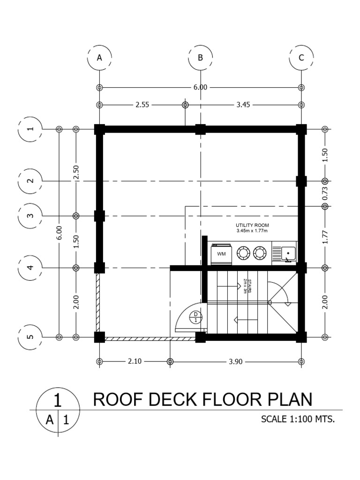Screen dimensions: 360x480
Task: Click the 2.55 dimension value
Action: [142, 105]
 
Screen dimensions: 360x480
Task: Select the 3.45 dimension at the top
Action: [243, 105]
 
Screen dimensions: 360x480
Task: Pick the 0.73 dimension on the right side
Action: [325, 194]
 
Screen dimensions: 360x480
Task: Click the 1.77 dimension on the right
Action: [325, 237]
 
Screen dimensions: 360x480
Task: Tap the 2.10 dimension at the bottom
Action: [135, 361]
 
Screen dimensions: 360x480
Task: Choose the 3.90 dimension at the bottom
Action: [235, 361]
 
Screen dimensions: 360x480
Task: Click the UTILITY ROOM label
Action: [252, 225]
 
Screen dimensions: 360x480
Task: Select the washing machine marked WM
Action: [222, 254]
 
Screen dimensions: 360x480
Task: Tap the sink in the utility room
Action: [288, 254]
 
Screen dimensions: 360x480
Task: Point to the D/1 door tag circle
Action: [196, 317]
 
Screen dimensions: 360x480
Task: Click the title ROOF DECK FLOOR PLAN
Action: [202, 399]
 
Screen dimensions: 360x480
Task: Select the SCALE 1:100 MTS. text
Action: [298, 419]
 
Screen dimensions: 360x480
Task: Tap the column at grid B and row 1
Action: [200, 129]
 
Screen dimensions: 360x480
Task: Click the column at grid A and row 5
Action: [99, 337]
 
